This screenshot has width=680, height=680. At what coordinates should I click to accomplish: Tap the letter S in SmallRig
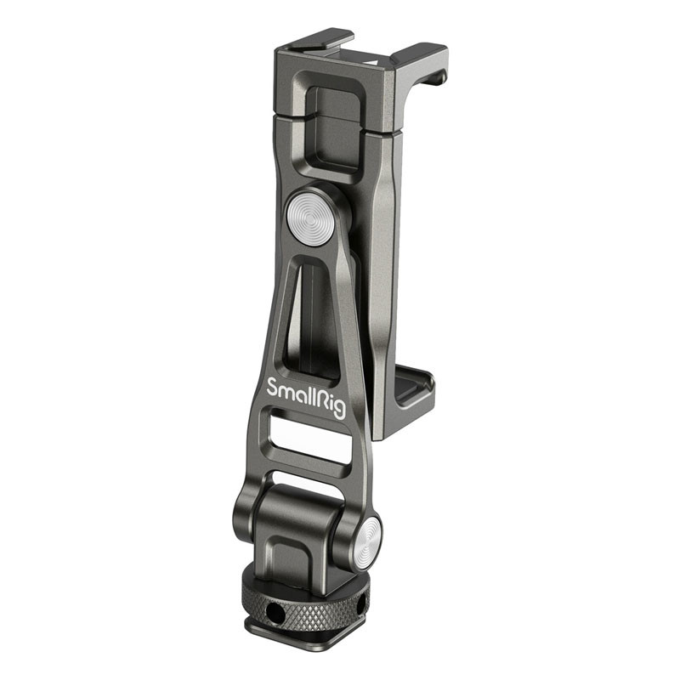[273, 387]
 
